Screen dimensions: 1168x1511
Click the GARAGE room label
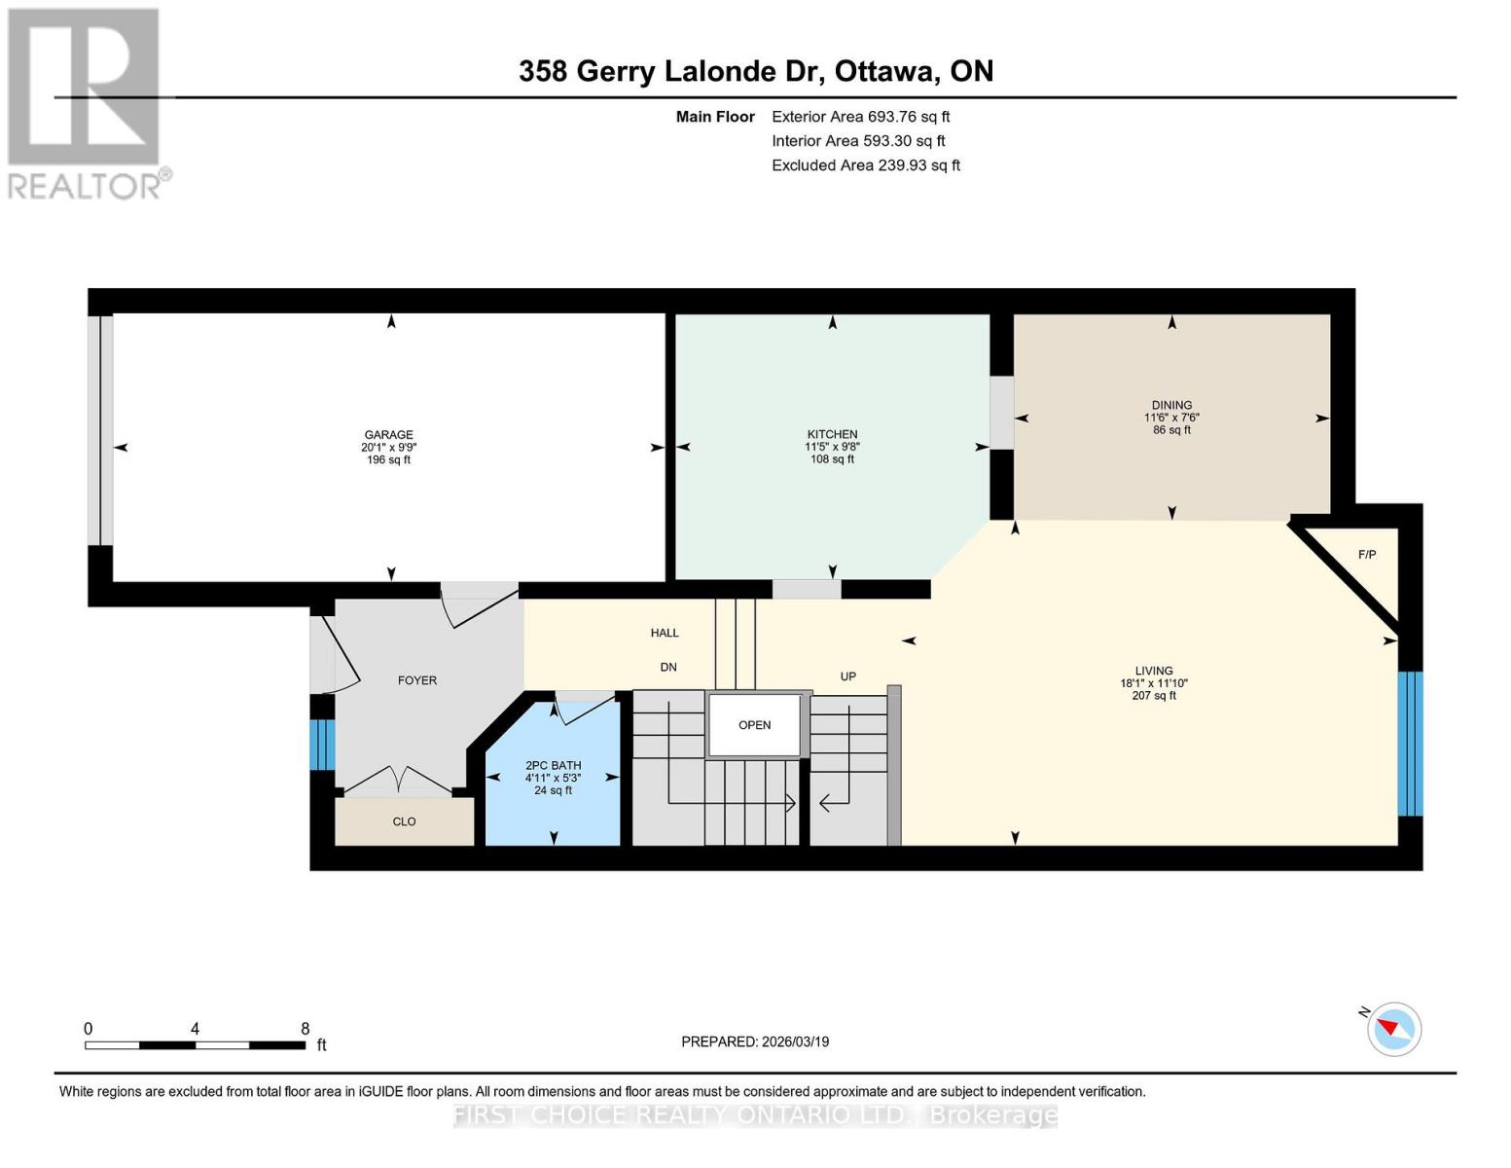[388, 435]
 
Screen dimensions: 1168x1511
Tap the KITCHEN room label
[832, 434]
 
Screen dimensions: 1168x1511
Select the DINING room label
[1171, 405]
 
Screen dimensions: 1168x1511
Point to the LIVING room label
[1154, 671]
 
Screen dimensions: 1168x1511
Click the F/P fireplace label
[1367, 555]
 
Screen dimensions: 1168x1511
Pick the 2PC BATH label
[553, 765]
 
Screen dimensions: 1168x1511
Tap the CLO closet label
[404, 821]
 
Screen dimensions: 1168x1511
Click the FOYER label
[417, 680]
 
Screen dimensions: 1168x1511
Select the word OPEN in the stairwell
[754, 725]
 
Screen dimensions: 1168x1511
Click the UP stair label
[848, 676]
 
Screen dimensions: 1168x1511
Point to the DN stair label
[668, 667]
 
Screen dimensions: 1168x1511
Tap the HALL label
[665, 633]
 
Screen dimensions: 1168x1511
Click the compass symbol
[1393, 1029]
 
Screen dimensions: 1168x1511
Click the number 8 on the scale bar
[306, 1029]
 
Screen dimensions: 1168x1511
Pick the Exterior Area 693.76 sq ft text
[860, 117]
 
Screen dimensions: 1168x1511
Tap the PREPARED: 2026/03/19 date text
[755, 1041]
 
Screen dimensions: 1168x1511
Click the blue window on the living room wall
[1410, 744]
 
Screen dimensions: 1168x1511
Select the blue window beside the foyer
[323, 745]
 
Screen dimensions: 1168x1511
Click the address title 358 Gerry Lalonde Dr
[756, 71]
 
